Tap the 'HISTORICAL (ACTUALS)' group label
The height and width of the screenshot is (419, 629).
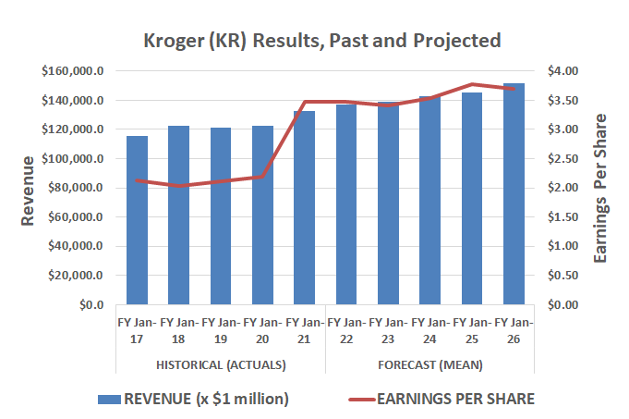pos(221,364)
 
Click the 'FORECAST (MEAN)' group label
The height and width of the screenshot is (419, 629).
pos(429,364)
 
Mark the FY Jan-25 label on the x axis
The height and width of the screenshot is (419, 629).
pos(472,330)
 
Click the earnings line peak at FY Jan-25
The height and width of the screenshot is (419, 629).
pos(472,84)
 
